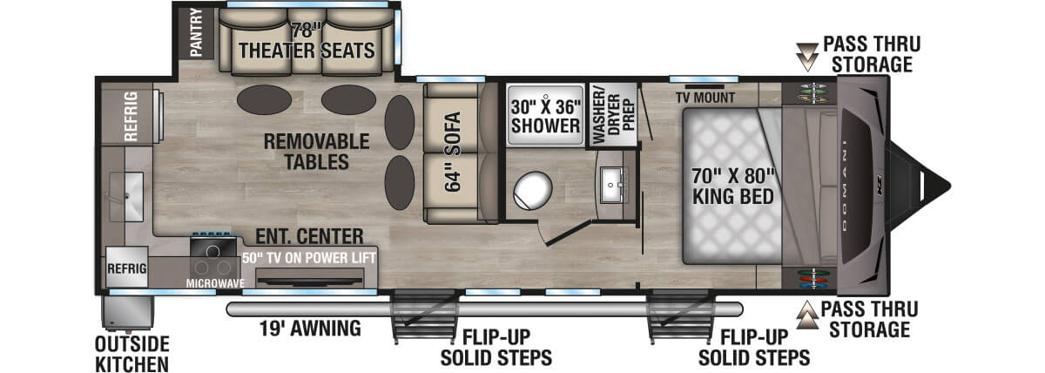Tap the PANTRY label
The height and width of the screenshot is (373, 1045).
coord(195,32)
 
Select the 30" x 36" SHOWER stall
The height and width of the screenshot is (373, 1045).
coord(545,114)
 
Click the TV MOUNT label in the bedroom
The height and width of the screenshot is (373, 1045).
coord(705,97)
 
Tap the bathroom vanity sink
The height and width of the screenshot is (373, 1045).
coord(614,180)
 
